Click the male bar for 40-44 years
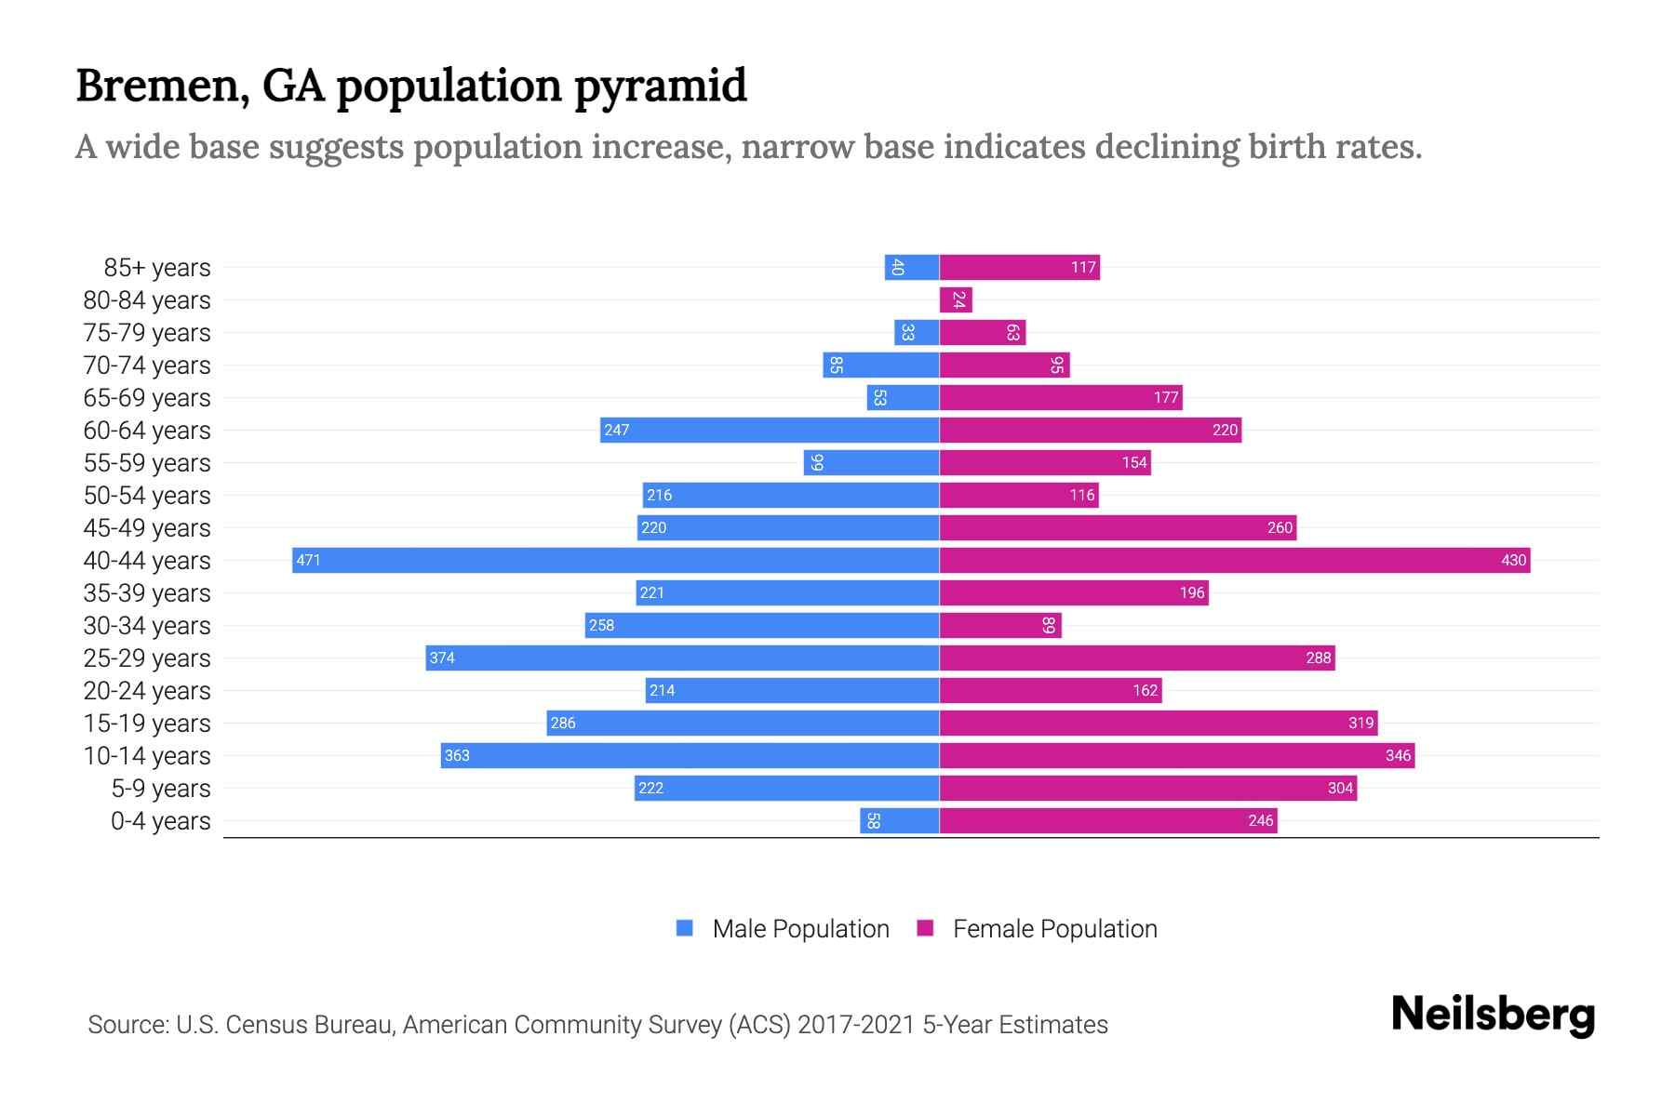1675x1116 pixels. (x=614, y=560)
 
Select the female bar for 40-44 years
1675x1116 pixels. (x=1234, y=560)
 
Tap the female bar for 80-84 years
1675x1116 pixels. (x=956, y=299)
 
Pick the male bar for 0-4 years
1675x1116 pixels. (x=899, y=820)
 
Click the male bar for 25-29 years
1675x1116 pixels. (x=682, y=658)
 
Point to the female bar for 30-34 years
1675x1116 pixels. (x=1000, y=625)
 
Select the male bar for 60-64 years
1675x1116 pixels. (x=769, y=430)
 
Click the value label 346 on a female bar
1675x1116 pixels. (x=1398, y=755)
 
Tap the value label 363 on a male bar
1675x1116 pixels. (x=457, y=755)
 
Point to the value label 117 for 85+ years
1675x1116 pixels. (x=1083, y=267)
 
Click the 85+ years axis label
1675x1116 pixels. (x=157, y=268)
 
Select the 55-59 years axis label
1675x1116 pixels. (x=147, y=463)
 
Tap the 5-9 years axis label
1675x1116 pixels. (x=161, y=789)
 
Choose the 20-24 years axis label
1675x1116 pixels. (x=147, y=691)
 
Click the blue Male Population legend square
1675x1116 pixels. (x=685, y=928)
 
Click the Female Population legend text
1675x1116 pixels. (x=1054, y=928)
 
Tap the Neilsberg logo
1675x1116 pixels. (x=1493, y=1015)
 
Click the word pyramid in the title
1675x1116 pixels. (x=660, y=86)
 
